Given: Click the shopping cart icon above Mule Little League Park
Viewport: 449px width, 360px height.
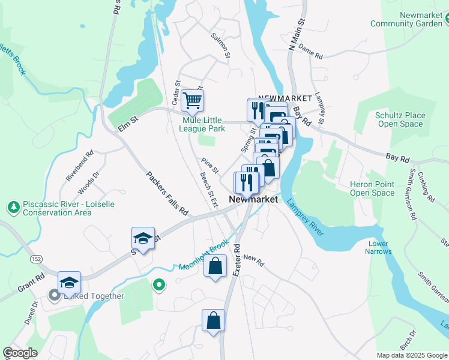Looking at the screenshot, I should click(x=192, y=100).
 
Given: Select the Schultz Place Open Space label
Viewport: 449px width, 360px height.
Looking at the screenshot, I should click(x=400, y=119).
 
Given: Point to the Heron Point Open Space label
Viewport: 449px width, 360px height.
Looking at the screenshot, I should click(x=372, y=189).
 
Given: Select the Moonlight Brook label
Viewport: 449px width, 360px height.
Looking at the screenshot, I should click(x=203, y=255).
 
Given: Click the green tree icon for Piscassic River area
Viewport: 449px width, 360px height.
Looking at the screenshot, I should click(x=13, y=208).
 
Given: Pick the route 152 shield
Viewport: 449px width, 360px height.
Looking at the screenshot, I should click(x=37, y=259).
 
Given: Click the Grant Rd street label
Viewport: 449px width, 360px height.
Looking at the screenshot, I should click(x=31, y=284).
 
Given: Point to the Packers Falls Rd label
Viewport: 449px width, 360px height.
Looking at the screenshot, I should click(x=167, y=193).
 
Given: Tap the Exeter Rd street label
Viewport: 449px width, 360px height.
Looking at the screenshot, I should click(x=237, y=259).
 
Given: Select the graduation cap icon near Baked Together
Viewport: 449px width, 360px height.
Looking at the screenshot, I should click(x=69, y=282).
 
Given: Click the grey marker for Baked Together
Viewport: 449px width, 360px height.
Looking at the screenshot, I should click(x=54, y=295).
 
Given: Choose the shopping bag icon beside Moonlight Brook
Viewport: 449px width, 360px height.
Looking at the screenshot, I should click(x=215, y=265).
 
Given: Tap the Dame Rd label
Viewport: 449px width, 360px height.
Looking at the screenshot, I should click(x=310, y=51).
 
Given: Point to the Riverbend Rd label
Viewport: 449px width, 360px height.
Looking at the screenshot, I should click(x=80, y=167).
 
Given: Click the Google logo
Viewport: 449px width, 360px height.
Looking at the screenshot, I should click(x=20, y=353).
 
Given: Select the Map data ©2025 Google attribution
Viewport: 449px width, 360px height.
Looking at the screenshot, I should click(x=411, y=355).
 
